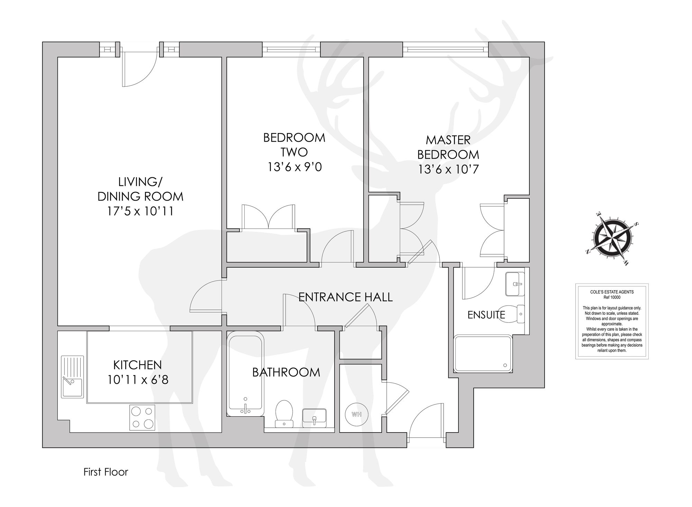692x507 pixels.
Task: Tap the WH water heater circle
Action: tap(356, 414)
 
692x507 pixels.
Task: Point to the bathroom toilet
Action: tap(284, 413)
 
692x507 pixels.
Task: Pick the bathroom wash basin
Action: tap(314, 418)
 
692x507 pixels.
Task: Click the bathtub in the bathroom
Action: tap(245, 374)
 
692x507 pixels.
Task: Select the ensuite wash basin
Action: tap(515, 284)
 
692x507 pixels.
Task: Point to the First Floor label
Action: tap(106, 472)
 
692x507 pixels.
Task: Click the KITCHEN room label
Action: tap(137, 365)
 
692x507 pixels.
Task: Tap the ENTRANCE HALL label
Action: tap(345, 297)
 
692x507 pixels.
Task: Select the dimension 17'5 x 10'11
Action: tap(140, 211)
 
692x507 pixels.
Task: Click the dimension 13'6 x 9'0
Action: tap(294, 167)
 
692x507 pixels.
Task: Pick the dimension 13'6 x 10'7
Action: tap(448, 169)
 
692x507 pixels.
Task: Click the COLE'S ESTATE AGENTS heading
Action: tap(612, 292)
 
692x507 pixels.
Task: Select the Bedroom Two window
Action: tap(291, 50)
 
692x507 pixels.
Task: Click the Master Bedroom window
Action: tap(446, 50)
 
